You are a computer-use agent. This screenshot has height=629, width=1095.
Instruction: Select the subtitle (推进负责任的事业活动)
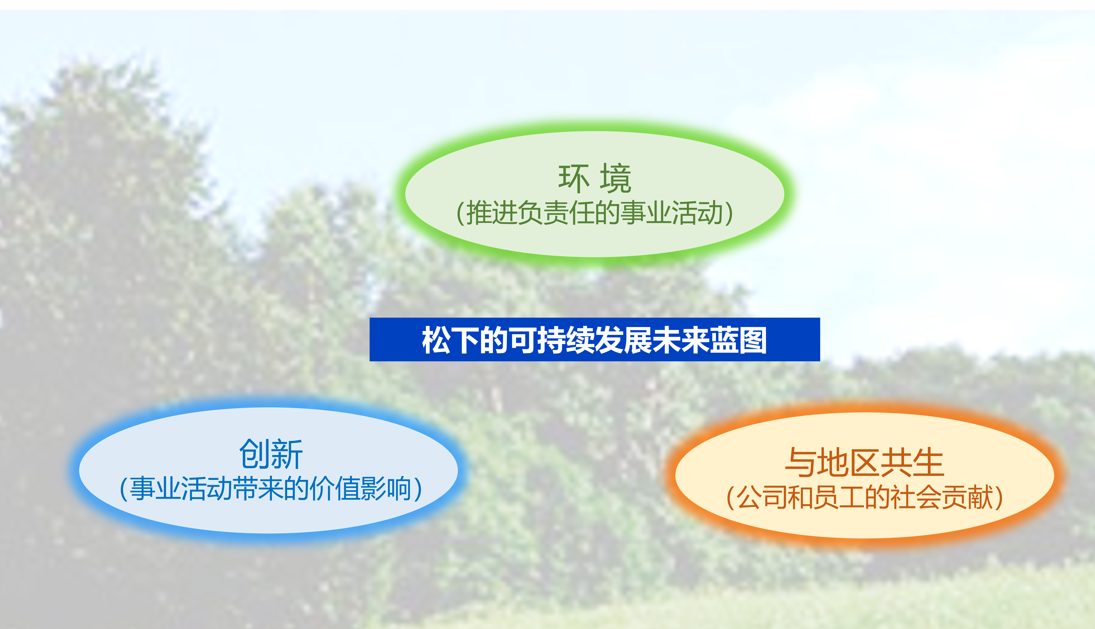[x=595, y=212]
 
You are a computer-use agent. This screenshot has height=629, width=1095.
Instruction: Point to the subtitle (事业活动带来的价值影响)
[x=271, y=488]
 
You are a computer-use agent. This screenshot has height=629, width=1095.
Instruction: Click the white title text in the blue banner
[x=595, y=340]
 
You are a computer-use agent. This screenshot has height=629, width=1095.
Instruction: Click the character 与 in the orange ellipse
[x=801, y=462]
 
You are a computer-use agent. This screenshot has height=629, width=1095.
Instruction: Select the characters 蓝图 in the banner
[x=739, y=340]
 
